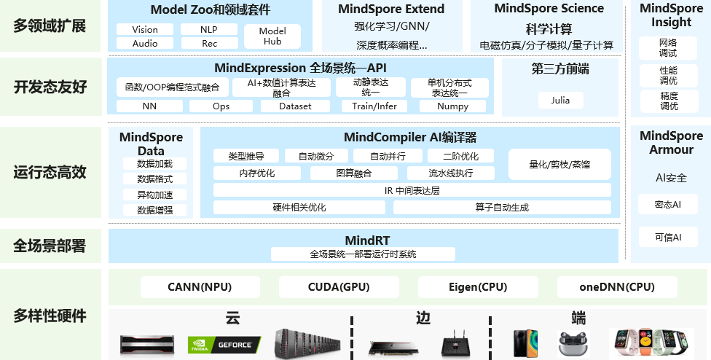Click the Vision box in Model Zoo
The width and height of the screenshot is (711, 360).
[x=145, y=30]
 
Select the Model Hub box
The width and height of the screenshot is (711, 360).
[x=272, y=36]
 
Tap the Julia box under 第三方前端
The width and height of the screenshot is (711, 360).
[x=559, y=101]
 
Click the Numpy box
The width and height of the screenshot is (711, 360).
[x=452, y=106]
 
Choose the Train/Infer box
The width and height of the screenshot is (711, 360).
[x=374, y=106]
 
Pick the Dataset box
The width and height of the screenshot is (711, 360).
[x=295, y=106]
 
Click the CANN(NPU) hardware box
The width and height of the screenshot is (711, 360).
[x=189, y=287]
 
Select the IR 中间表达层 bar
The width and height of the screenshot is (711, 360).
[x=412, y=190]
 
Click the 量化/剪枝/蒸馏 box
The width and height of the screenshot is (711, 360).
[x=559, y=165]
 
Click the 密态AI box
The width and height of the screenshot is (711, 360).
[x=667, y=205]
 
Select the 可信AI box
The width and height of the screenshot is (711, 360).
[x=667, y=238]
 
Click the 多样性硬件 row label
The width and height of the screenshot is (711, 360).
[x=50, y=316]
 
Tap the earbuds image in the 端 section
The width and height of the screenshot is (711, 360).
[x=573, y=343]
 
